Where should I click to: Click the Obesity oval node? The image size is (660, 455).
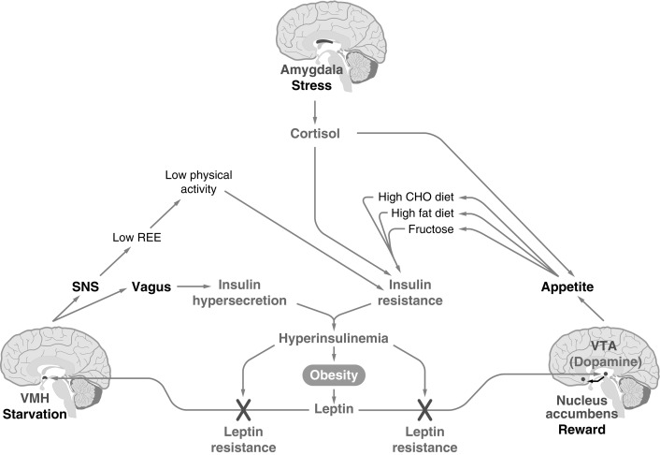pyautogui.click(x=329, y=374)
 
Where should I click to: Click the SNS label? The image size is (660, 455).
pyautogui.click(x=85, y=286)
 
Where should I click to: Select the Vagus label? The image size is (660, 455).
pyautogui.click(x=151, y=286)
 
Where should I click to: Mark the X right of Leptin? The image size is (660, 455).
pyautogui.click(x=425, y=408)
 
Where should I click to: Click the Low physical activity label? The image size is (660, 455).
pyautogui.click(x=197, y=182)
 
